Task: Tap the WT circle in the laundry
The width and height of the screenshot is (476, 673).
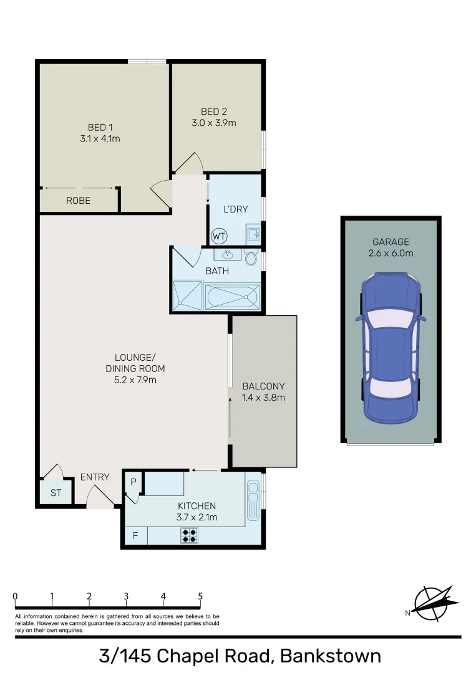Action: [218, 236]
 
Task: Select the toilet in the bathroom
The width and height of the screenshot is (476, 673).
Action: [251, 258]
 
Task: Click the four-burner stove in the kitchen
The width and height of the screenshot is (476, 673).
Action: [190, 535]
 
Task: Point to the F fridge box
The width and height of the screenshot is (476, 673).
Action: [135, 536]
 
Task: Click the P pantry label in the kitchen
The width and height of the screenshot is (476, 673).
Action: [134, 482]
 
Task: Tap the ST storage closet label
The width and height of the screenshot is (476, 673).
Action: [56, 493]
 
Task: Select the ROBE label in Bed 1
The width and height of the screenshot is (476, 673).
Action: [79, 201]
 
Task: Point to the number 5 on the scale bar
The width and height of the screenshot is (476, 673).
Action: [200, 596]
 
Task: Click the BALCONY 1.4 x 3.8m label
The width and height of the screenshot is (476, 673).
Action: [263, 391]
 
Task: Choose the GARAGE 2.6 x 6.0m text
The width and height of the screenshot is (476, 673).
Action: [391, 247]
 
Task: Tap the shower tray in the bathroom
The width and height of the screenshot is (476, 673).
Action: [187, 295]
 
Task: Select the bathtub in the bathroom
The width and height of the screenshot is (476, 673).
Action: [231, 296]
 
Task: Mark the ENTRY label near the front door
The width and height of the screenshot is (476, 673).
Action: [95, 477]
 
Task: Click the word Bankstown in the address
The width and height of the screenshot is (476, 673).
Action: [330, 656]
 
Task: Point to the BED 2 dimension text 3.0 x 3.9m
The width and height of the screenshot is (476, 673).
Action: [214, 123]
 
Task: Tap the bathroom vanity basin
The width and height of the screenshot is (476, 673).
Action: [228, 254]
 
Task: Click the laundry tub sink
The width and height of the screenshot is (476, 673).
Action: [253, 234]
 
